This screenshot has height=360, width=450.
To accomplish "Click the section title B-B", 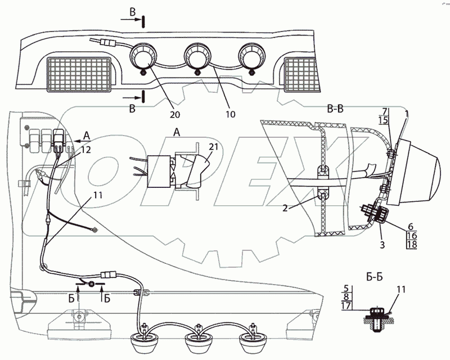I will coord(336,110).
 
